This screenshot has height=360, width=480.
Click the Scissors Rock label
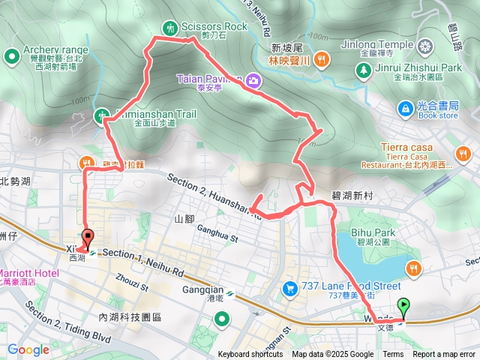point(214,27)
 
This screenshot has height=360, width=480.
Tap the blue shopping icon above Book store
point(405,109)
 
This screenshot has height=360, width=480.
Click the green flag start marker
point(405,306)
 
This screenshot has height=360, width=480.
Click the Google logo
point(28,349)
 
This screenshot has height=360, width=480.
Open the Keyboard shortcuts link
point(250,355)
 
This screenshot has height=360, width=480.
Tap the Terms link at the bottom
point(393,355)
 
